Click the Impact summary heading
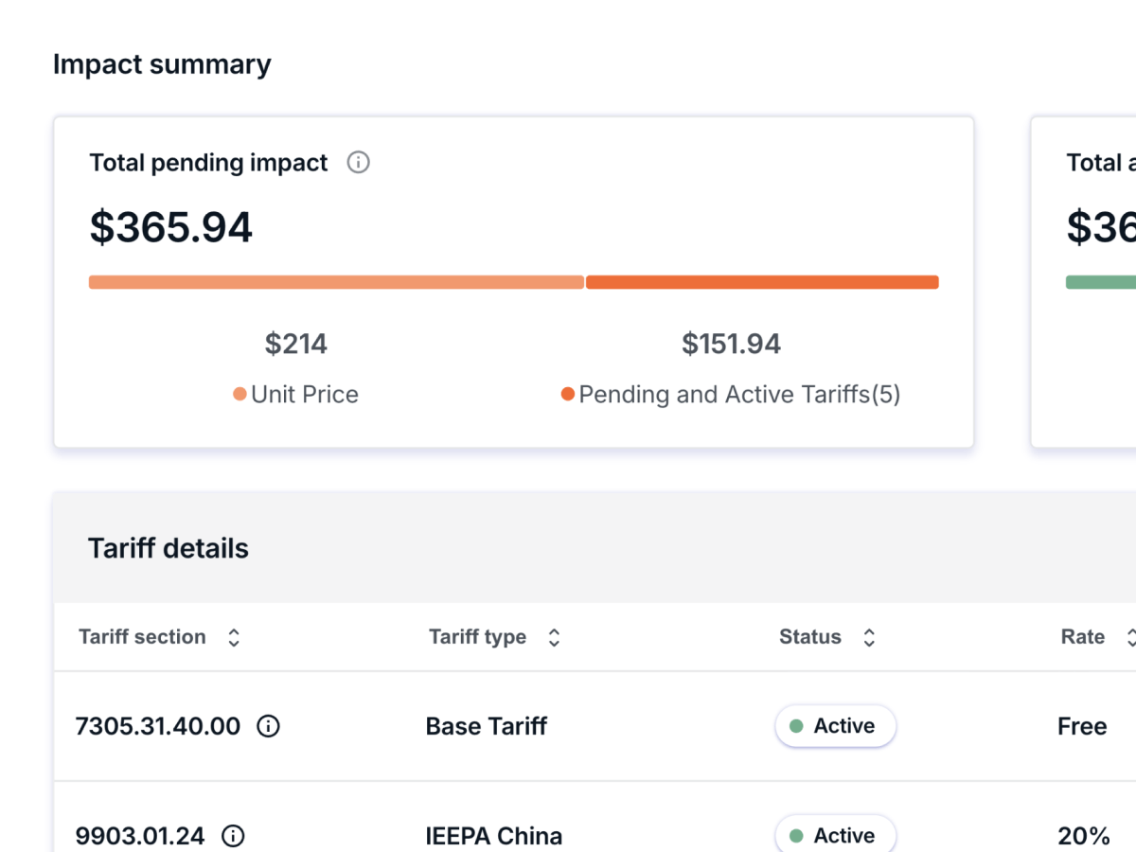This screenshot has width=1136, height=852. coord(162,64)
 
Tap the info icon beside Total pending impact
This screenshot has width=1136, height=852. coord(358,163)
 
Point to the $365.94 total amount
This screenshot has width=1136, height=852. coord(171,227)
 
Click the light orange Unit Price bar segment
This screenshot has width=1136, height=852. coord(336,282)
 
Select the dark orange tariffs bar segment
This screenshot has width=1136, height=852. coord(762,282)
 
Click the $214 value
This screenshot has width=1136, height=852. coord(296,344)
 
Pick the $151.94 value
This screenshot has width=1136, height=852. coord(731,344)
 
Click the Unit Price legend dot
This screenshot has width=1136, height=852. coord(240,395)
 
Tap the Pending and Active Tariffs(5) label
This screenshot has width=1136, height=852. coord(739,395)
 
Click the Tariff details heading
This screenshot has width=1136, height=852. coord(169,548)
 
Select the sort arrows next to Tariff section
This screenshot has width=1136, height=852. coord(234,637)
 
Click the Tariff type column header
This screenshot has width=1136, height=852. coord(477,637)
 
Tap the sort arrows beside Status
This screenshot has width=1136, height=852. coord(869,637)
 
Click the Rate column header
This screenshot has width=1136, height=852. coord(1083,637)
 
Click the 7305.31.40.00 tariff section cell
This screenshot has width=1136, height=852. coord(158,726)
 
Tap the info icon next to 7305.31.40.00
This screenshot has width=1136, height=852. coord(269,726)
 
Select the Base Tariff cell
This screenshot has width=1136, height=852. coord(487,726)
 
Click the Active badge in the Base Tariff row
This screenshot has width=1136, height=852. coord(835,726)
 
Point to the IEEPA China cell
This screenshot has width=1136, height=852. coord(494,836)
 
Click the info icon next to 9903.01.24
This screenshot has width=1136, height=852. coord(233,836)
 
